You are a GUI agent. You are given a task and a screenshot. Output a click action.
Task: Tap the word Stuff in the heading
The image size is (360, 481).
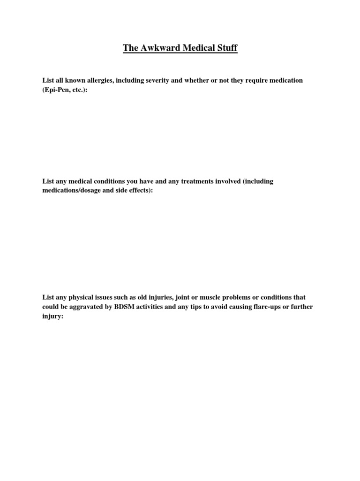pyautogui.click(x=226, y=48)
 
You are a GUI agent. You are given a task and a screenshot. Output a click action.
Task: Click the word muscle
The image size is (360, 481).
pyautogui.click(x=214, y=297)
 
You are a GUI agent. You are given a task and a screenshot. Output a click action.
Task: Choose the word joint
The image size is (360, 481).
pyautogui.click(x=185, y=297)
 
